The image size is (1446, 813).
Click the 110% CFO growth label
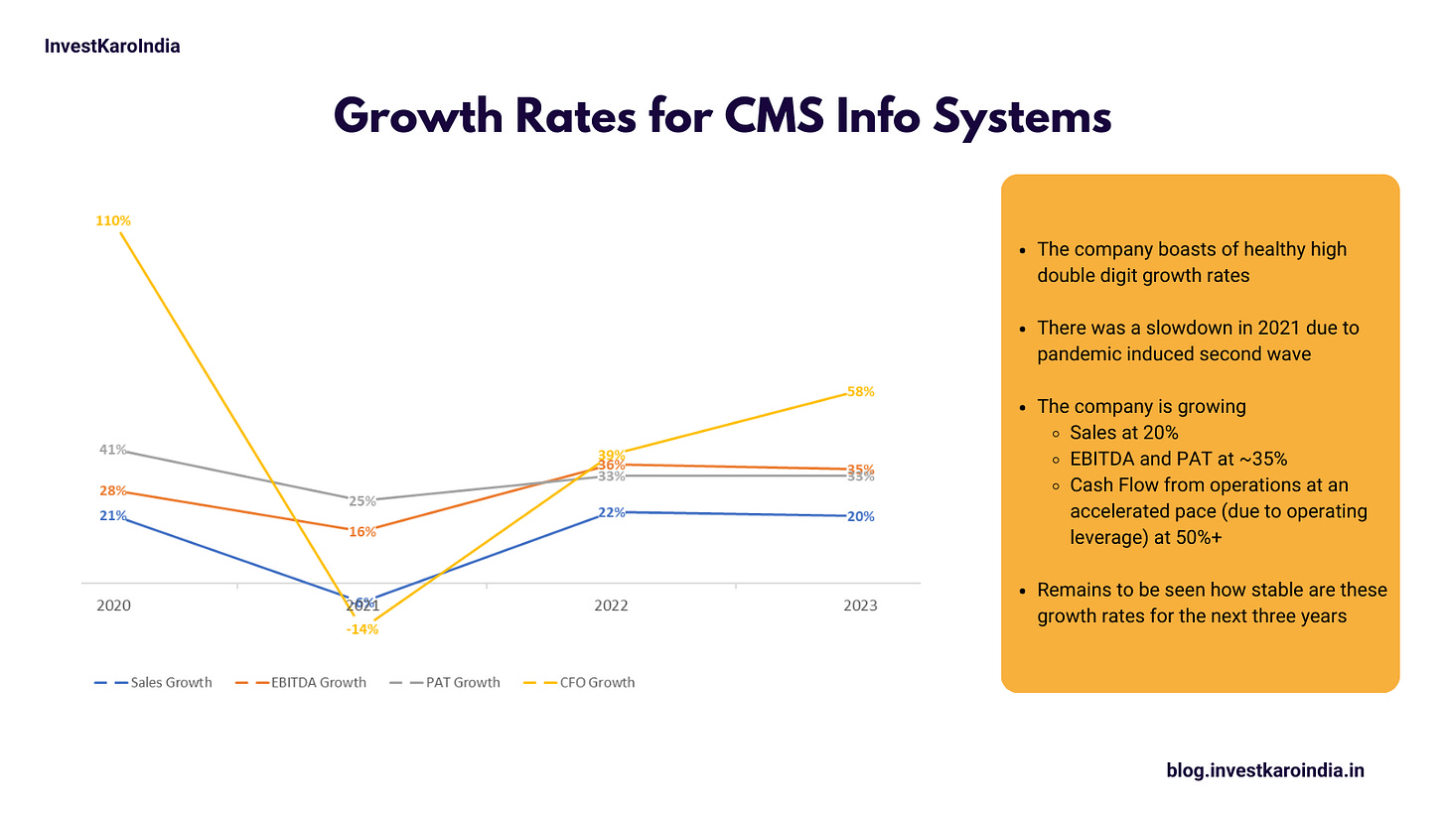113,221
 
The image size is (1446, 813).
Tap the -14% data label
362,629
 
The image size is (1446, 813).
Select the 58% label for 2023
860,392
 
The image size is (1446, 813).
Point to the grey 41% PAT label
112,450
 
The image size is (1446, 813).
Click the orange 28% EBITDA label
112,490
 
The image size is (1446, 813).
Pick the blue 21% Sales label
112,516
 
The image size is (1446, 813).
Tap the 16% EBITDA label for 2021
362,532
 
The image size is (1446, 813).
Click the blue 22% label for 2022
611,513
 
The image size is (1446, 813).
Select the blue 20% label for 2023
860,516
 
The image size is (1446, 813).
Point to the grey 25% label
362,501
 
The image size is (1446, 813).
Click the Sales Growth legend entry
154,682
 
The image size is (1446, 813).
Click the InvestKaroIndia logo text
112,46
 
